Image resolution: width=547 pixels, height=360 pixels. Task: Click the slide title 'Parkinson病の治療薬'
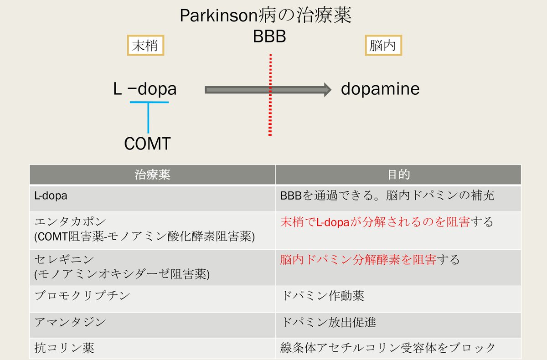pos(265,16)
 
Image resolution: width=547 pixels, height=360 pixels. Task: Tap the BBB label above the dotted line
pos(269,36)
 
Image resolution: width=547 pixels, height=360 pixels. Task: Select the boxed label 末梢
pos(145,46)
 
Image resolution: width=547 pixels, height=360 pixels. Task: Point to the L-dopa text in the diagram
pos(145,89)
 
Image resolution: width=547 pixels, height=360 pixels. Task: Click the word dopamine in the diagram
pos(380,89)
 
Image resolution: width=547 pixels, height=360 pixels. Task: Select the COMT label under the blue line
pos(147,144)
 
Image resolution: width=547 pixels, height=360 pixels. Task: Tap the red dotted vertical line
pos(270,114)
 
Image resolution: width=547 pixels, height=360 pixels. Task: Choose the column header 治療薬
pos(152,175)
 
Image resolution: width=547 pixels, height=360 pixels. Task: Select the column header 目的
pos(398,175)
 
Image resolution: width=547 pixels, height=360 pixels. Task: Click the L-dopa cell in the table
pos(51,196)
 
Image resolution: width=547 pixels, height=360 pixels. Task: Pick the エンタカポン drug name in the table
pos(71,222)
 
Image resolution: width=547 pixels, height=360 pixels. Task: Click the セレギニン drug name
pos(64,260)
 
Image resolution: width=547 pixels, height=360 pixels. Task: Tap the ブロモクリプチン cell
pos(82,295)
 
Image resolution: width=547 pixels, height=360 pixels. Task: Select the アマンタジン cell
pos(70,321)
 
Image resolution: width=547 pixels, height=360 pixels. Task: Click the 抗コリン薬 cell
pos(64,348)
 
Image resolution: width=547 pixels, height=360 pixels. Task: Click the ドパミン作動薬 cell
pos(323,296)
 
